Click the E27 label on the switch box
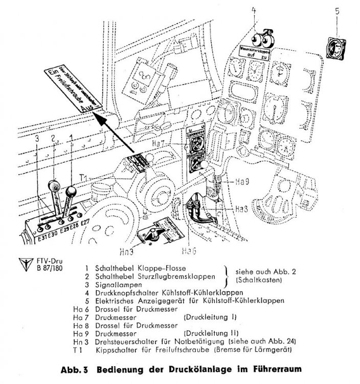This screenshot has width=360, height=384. coord(85,223)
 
